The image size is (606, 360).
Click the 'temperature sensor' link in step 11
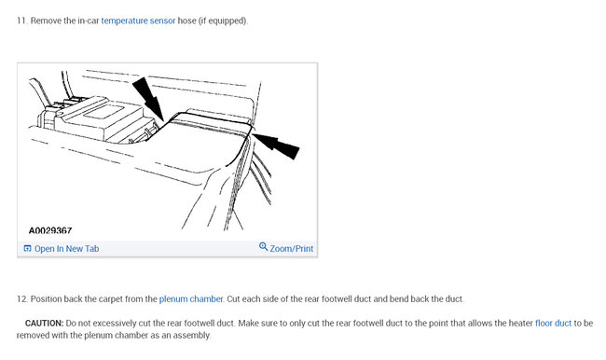click(x=138, y=21)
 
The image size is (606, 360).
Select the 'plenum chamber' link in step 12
click(x=191, y=299)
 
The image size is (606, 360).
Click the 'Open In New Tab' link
click(x=66, y=249)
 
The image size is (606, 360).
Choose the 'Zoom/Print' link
click(x=292, y=249)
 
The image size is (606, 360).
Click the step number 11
click(x=21, y=21)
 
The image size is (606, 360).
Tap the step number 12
click(x=21, y=299)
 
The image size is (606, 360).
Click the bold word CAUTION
click(x=44, y=323)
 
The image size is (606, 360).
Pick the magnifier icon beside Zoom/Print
click(x=264, y=248)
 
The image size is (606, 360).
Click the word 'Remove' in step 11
click(x=47, y=21)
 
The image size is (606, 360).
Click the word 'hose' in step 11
click(x=187, y=21)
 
